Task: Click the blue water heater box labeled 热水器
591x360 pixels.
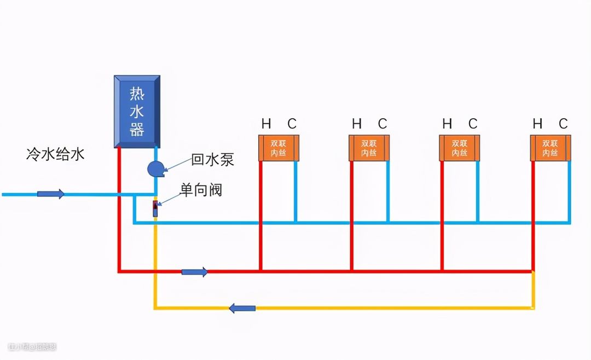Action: click(x=137, y=112)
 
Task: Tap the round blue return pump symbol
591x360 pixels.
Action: click(x=155, y=168)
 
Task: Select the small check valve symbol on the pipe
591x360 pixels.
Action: click(x=155, y=208)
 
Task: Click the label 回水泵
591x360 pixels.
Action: click(x=212, y=160)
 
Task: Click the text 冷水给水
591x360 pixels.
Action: click(x=55, y=154)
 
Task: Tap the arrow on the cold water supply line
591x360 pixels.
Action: click(x=51, y=194)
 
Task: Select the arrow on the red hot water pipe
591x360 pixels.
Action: click(x=194, y=271)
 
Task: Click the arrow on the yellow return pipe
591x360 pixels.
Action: click(x=242, y=308)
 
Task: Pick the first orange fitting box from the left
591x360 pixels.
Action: click(x=279, y=148)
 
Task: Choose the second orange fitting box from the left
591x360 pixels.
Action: click(x=369, y=148)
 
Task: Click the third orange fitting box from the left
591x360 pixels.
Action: click(x=460, y=148)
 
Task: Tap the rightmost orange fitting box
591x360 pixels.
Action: click(x=550, y=148)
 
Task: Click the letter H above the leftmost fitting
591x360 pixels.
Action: click(x=266, y=124)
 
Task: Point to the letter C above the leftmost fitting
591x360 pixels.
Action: click(x=292, y=124)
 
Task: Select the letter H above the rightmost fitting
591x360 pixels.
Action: click(x=537, y=124)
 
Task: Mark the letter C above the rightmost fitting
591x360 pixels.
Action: click(x=563, y=124)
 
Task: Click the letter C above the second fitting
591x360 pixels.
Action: click(x=382, y=124)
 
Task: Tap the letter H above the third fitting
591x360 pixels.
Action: click(x=447, y=124)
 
